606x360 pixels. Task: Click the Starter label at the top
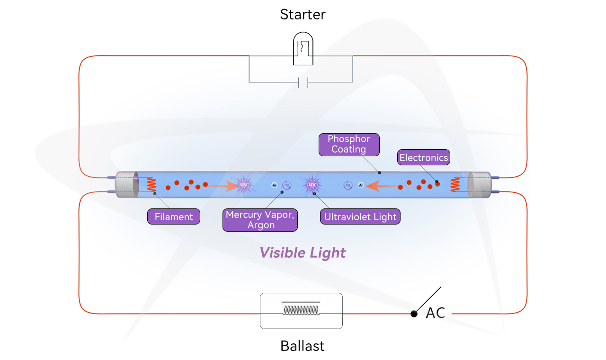[303, 14]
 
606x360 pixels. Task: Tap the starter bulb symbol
[303, 48]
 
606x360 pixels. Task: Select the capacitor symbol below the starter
[303, 83]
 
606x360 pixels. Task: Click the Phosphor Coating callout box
[349, 144]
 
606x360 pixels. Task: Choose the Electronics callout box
[423, 158]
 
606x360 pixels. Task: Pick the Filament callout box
[174, 217]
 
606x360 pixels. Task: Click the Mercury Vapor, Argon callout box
[260, 220]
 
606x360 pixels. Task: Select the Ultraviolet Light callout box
[360, 217]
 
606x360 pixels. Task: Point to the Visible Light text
[303, 252]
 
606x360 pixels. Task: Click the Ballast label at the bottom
[303, 346]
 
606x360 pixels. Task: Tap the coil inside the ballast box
[301, 310]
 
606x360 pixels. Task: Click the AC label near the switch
[435, 313]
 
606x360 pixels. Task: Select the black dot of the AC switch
[414, 314]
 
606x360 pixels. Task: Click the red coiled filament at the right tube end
[455, 185]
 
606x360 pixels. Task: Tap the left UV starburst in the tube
[244, 185]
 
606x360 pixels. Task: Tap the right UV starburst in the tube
[312, 185]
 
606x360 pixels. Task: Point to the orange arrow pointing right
[223, 186]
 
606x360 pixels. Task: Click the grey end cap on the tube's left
[126, 185]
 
